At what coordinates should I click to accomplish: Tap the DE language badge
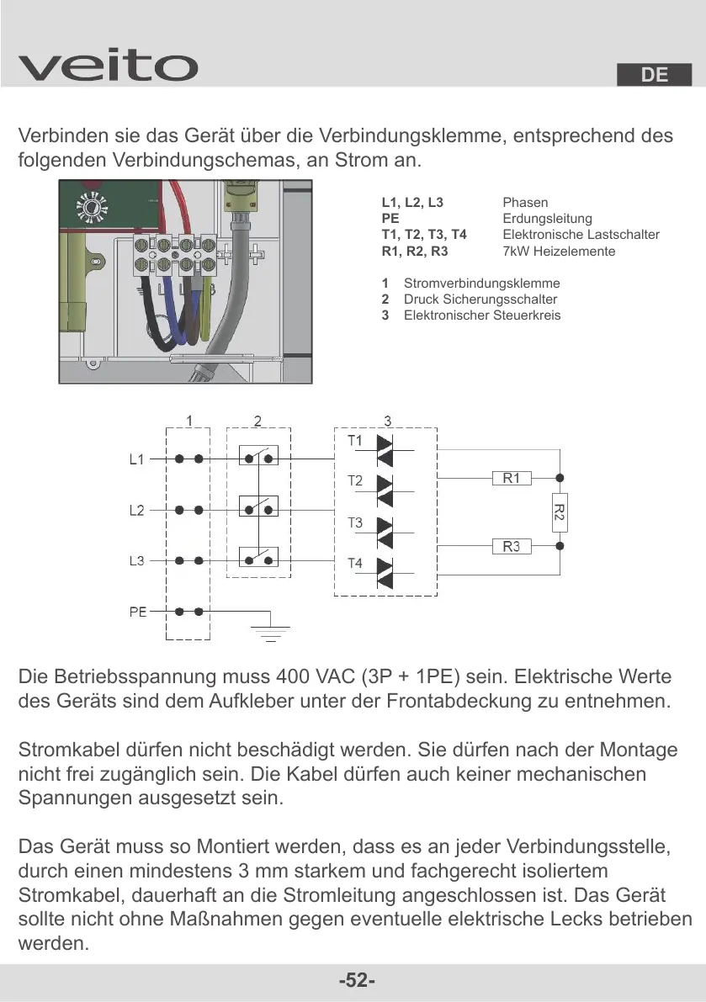pyautogui.click(x=654, y=75)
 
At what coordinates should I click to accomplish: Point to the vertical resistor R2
pyautogui.click(x=559, y=512)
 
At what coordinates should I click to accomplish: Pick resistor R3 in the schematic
pyautogui.click(x=512, y=547)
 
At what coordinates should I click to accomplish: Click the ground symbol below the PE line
pyautogui.click(x=270, y=630)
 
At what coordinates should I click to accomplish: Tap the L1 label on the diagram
pyautogui.click(x=136, y=460)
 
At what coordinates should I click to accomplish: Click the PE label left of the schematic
pyautogui.click(x=138, y=612)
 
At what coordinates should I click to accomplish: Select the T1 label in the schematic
pyautogui.click(x=355, y=441)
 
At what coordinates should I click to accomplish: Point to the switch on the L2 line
pyautogui.click(x=258, y=508)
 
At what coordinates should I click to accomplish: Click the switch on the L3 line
pyautogui.click(x=258, y=559)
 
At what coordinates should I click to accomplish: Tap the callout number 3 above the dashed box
pyautogui.click(x=387, y=420)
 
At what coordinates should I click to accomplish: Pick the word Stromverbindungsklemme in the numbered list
pyautogui.click(x=481, y=284)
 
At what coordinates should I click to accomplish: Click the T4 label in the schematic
pyautogui.click(x=355, y=563)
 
